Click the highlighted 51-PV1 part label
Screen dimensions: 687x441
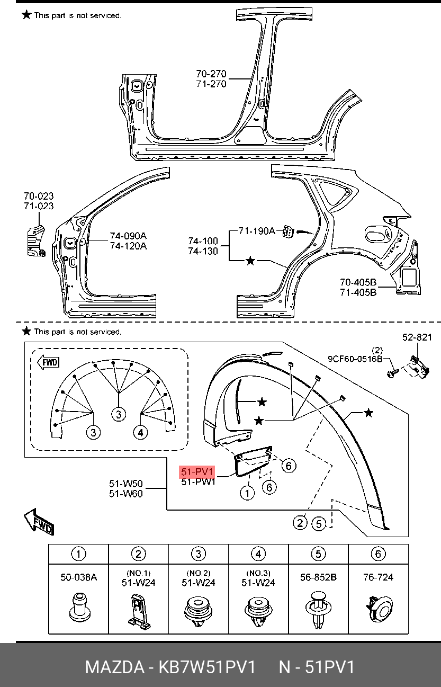coord(197,472)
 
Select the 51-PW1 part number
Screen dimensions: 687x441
coord(198,482)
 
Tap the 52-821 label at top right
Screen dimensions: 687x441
coord(417,337)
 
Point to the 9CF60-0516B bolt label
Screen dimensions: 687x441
coord(355,359)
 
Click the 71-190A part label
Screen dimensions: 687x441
coord(257,231)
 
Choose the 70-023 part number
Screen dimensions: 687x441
coord(39,197)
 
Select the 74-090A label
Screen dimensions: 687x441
coord(128,236)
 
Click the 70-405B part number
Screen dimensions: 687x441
coord(358,282)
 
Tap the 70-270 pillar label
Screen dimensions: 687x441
coord(211,74)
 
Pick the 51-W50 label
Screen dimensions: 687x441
coord(126,484)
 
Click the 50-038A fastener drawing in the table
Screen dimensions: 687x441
coord(78,608)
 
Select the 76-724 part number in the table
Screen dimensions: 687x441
coord(378,577)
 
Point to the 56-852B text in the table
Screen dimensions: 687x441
coord(318,577)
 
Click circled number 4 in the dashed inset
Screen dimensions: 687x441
coord(140,433)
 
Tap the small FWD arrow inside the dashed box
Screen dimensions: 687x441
coord(48,363)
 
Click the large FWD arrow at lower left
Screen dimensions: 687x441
coord(39,523)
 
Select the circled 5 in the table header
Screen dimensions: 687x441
coord(318,554)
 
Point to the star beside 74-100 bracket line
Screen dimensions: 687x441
coord(250,261)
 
